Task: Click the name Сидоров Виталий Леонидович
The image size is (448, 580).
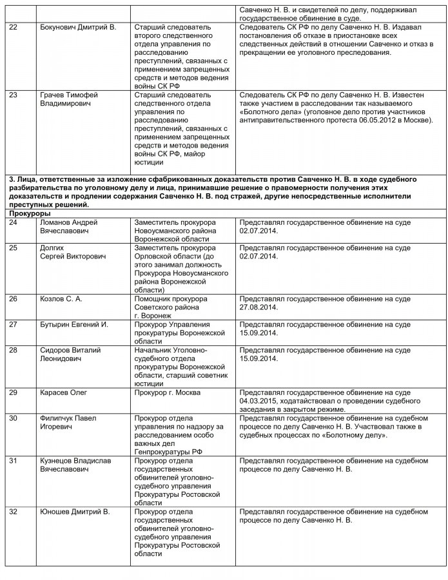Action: [x=70, y=354]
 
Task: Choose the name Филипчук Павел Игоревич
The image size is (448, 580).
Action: [x=67, y=422]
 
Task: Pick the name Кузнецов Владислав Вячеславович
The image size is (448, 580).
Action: [x=74, y=466]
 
